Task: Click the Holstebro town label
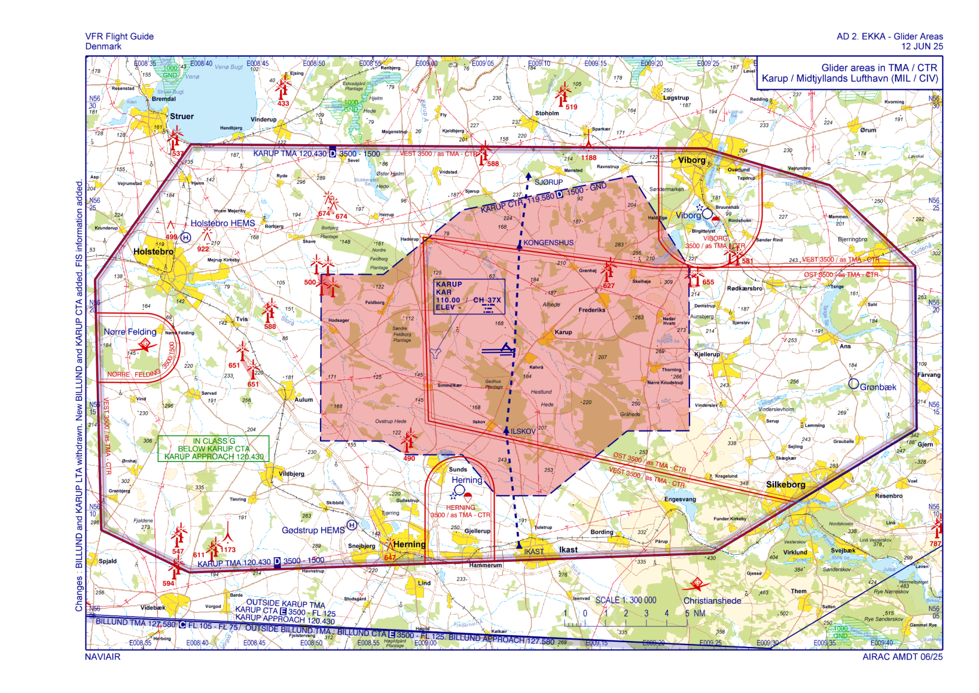(x=153, y=251)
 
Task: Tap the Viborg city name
(x=692, y=160)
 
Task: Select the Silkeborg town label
(x=786, y=485)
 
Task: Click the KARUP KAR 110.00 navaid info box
(x=469, y=296)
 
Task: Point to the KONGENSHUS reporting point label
(x=548, y=243)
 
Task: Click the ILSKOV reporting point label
(x=523, y=432)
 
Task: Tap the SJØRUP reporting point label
(x=548, y=182)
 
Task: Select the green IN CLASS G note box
(x=213, y=449)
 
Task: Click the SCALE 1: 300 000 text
(x=625, y=600)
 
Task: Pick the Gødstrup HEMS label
(x=313, y=530)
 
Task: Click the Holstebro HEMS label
(x=223, y=223)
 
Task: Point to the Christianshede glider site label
(x=712, y=601)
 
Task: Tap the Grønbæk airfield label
(x=878, y=387)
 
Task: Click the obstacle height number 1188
(x=589, y=157)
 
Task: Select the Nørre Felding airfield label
(x=130, y=331)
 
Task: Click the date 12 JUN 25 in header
(x=922, y=47)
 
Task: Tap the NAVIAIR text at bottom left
(x=103, y=657)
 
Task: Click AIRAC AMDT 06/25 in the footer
(x=902, y=657)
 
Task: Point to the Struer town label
(x=182, y=117)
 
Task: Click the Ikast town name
(x=568, y=549)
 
